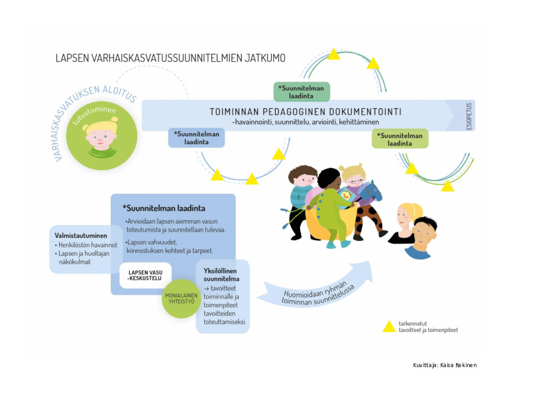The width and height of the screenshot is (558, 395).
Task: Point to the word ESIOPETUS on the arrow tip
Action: click(469, 115)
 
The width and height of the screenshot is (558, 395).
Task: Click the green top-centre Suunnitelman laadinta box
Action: click(302, 92)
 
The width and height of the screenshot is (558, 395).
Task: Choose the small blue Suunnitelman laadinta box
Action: click(197, 137)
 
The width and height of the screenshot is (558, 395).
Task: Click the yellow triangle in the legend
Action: click(389, 326)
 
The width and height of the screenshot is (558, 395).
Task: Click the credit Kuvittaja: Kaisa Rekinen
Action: click(444, 365)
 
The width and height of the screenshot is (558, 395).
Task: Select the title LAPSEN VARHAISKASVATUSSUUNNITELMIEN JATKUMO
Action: click(170, 58)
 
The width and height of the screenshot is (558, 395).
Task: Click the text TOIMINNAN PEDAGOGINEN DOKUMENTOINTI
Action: click(305, 112)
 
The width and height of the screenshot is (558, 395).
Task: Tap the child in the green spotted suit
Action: click(330, 206)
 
